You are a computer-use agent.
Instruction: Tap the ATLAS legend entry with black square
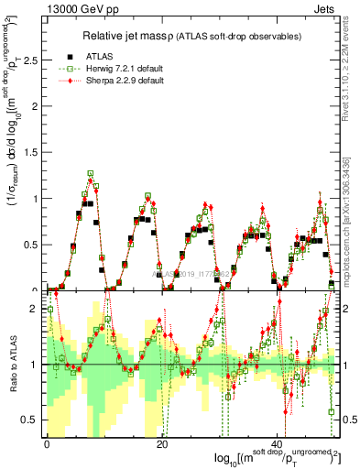point(104,55)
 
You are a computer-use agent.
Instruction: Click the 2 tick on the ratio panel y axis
point(36,309)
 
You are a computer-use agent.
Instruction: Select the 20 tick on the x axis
point(162,442)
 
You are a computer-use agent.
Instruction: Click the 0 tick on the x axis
point(47,442)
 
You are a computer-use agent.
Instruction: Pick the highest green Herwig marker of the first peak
point(91,172)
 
